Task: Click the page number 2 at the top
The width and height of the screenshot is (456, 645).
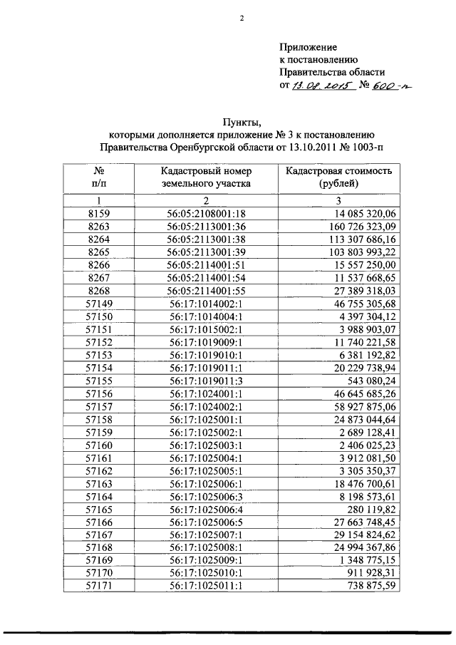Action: coord(242,19)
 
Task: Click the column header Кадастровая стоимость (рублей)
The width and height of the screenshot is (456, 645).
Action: coord(339,177)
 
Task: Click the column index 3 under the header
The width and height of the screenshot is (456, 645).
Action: coord(339,200)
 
